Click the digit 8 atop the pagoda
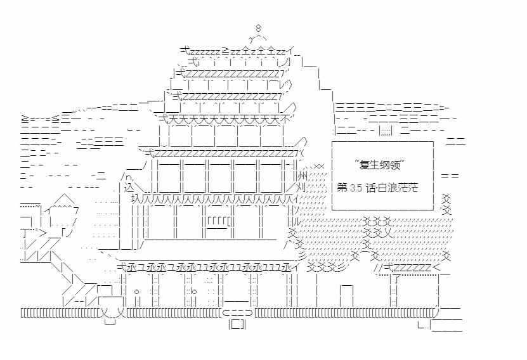(257, 29)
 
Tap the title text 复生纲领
(380, 165)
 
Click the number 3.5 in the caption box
(356, 188)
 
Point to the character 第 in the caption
(342, 188)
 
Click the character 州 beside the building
(302, 176)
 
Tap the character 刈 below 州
(301, 187)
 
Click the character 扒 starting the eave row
(136, 198)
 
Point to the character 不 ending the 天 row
(285, 119)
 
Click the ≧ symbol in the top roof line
(225, 51)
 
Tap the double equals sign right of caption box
(450, 176)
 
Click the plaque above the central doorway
(219, 222)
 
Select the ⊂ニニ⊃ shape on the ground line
(237, 312)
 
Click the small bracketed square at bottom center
(237, 325)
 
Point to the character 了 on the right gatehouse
(397, 278)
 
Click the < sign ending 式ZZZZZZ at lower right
(436, 268)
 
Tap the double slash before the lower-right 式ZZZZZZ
(379, 267)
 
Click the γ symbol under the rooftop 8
(251, 39)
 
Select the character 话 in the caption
(371, 188)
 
